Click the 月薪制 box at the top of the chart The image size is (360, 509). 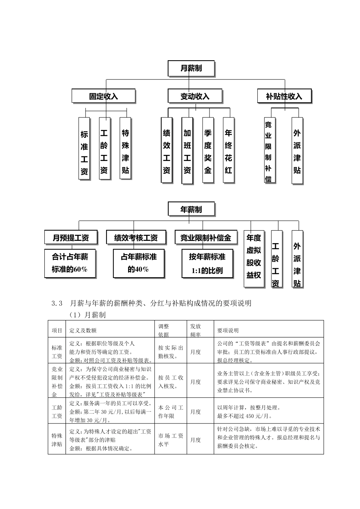point(191,69)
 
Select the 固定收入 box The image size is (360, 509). point(103,96)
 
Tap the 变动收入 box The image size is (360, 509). point(194,96)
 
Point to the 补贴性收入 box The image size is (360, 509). point(284,96)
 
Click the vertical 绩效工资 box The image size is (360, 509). point(167,151)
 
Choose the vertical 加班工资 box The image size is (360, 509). point(187,151)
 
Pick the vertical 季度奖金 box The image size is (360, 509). point(208,151)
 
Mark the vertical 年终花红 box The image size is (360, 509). point(228,151)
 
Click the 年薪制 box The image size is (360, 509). point(191,209)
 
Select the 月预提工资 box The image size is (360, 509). point(71,238)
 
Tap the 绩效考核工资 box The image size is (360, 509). point(136,238)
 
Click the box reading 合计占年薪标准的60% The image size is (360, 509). point(70,263)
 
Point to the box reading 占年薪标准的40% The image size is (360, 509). point(139,263)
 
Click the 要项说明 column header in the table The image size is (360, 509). point(228,331)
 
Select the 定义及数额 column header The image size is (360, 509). point(83,331)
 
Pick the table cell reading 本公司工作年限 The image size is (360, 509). point(171,412)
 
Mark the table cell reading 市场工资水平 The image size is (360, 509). point(171,440)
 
